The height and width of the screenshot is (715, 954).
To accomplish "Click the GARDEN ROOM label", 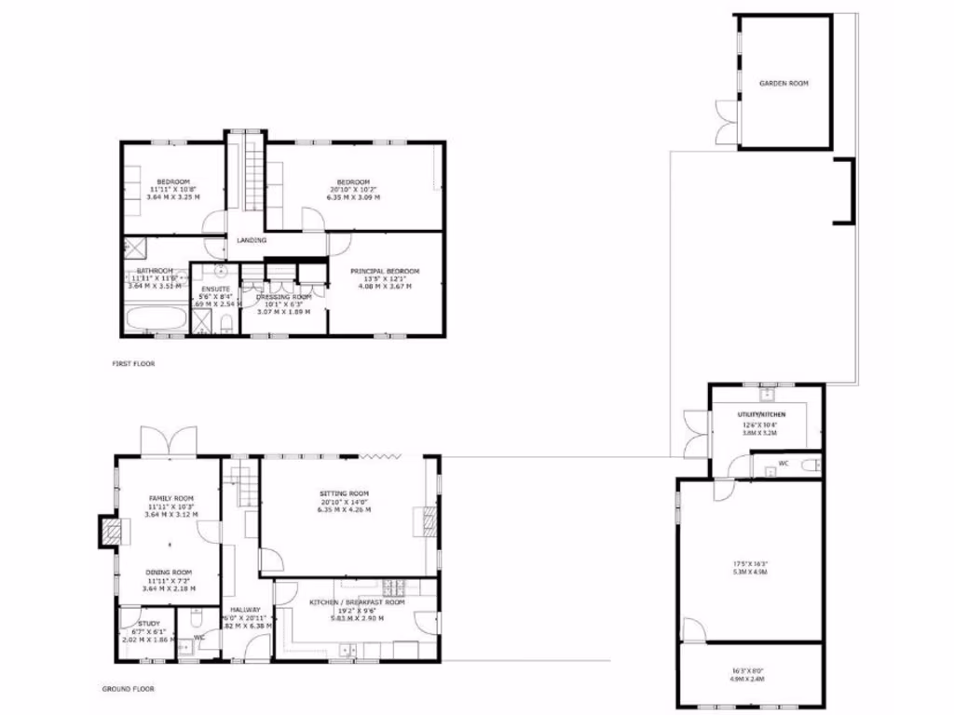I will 783,84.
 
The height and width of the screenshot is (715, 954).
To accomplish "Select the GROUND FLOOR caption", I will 128,690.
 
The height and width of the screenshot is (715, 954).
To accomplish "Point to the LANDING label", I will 252,240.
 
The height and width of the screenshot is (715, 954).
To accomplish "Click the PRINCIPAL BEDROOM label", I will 385,271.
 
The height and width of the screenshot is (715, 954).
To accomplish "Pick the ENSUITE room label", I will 213,287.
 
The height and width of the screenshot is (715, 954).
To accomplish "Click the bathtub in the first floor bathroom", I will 155,322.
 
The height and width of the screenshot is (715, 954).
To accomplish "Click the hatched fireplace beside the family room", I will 111,532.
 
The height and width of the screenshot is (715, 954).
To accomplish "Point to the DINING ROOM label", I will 169,572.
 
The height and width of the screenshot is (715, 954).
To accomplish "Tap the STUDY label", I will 149,624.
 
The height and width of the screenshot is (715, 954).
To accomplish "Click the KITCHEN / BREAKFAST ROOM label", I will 358,602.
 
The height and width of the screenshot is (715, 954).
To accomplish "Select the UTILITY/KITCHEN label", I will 763,413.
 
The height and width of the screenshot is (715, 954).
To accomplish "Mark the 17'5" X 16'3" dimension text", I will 749,563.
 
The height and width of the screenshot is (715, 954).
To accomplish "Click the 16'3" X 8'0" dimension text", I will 749,669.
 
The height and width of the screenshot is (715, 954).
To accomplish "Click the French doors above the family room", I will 169,440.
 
